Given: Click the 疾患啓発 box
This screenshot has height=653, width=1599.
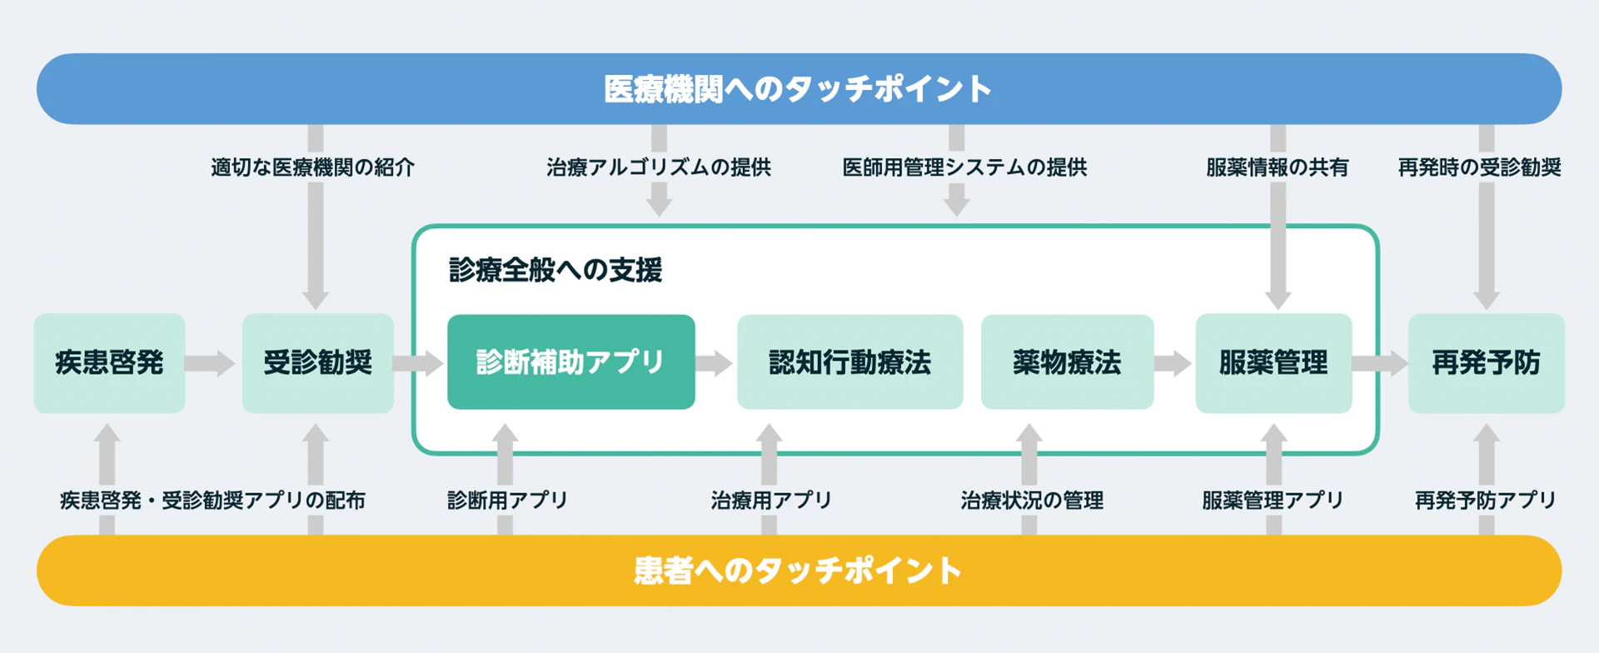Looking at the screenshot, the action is point(109,363).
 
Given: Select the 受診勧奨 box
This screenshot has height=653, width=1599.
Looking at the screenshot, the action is point(317,363).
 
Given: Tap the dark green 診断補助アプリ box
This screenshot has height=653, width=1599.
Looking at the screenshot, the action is point(571,361).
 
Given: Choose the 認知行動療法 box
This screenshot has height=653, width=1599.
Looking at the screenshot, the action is point(849,361).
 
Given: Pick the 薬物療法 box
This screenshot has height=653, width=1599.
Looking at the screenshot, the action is point(1067,361).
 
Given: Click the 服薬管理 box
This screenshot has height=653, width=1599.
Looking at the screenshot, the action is point(1273,363).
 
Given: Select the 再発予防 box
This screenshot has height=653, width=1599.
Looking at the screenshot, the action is point(1486,363).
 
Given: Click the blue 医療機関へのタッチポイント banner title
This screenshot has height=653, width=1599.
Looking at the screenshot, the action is point(798,89).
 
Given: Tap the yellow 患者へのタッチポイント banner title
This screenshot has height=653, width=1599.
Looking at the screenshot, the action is point(798,571).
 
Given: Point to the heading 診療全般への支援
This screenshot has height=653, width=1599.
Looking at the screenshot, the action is point(555,270).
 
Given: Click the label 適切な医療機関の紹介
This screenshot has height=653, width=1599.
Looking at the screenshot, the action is point(312,167).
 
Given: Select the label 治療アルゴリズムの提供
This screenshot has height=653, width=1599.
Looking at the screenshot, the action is point(659,167).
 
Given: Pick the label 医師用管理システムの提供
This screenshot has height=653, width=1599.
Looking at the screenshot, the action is point(964,167).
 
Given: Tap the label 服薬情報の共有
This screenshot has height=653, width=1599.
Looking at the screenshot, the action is point(1277,167).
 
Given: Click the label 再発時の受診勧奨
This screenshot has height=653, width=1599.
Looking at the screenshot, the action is point(1479,167).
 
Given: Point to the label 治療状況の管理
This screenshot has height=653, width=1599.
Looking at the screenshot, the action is point(1032,501).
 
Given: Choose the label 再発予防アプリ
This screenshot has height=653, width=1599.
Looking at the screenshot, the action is point(1486,501).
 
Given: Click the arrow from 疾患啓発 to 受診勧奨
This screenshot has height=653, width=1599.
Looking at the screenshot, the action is point(211,363).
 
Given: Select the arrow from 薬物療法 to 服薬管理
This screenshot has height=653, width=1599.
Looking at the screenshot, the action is point(1173,363).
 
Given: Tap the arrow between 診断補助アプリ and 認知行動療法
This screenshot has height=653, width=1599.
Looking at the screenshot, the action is point(715,363).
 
